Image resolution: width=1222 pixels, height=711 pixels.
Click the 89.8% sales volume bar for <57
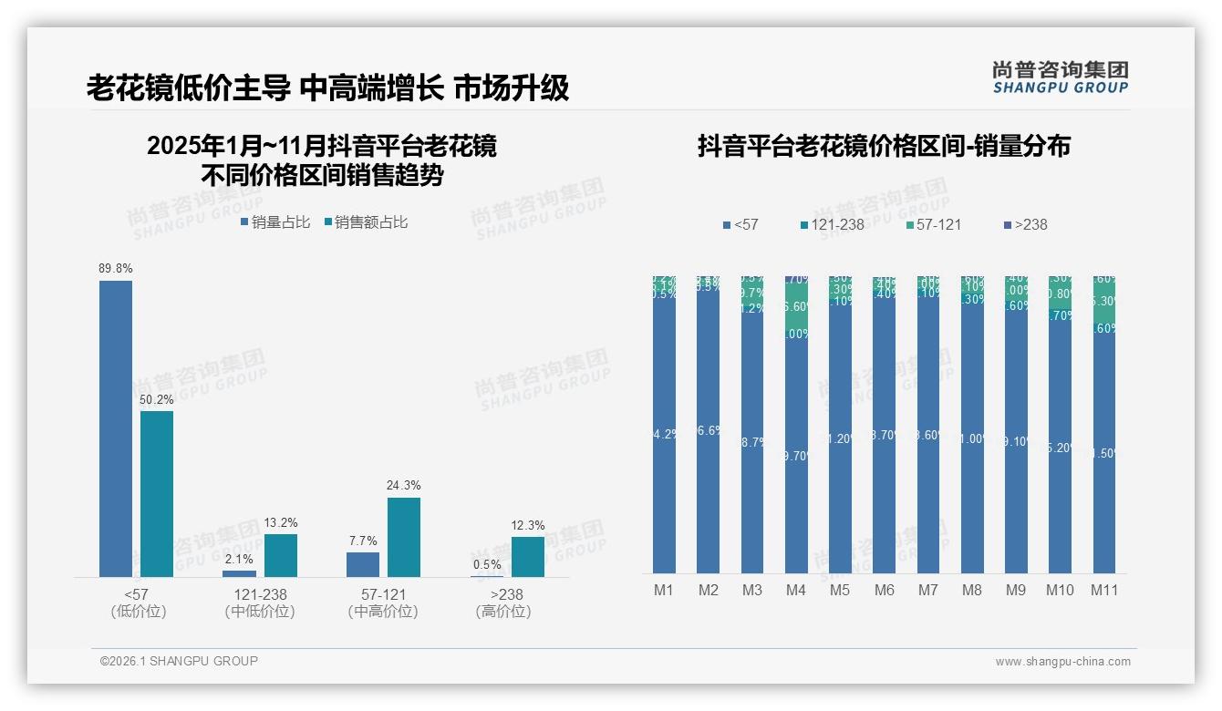point(116,428)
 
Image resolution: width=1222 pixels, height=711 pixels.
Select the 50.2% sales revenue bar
point(157,493)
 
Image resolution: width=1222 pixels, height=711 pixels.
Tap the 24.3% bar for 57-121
point(404,537)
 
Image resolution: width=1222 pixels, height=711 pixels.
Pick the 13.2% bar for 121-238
point(281,555)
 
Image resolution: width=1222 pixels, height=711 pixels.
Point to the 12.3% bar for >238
point(528,556)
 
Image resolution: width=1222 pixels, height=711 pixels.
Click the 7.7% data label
point(362,541)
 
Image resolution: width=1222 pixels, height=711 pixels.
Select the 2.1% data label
point(239,559)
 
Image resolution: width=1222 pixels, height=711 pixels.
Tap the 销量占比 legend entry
point(275,222)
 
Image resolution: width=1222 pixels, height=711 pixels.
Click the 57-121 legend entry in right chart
point(936,224)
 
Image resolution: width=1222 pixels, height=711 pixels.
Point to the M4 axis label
point(795,591)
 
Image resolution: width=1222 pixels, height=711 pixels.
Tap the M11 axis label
point(1104,591)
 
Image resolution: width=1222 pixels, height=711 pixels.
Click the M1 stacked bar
point(665,425)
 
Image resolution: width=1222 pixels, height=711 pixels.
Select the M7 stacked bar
point(928,425)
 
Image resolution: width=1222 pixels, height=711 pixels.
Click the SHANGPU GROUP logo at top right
point(1061,77)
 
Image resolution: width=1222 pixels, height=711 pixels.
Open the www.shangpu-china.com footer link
point(1062,662)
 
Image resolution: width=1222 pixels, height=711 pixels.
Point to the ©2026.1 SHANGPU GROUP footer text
point(179,661)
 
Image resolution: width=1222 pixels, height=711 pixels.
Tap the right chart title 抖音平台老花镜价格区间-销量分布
point(884,146)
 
